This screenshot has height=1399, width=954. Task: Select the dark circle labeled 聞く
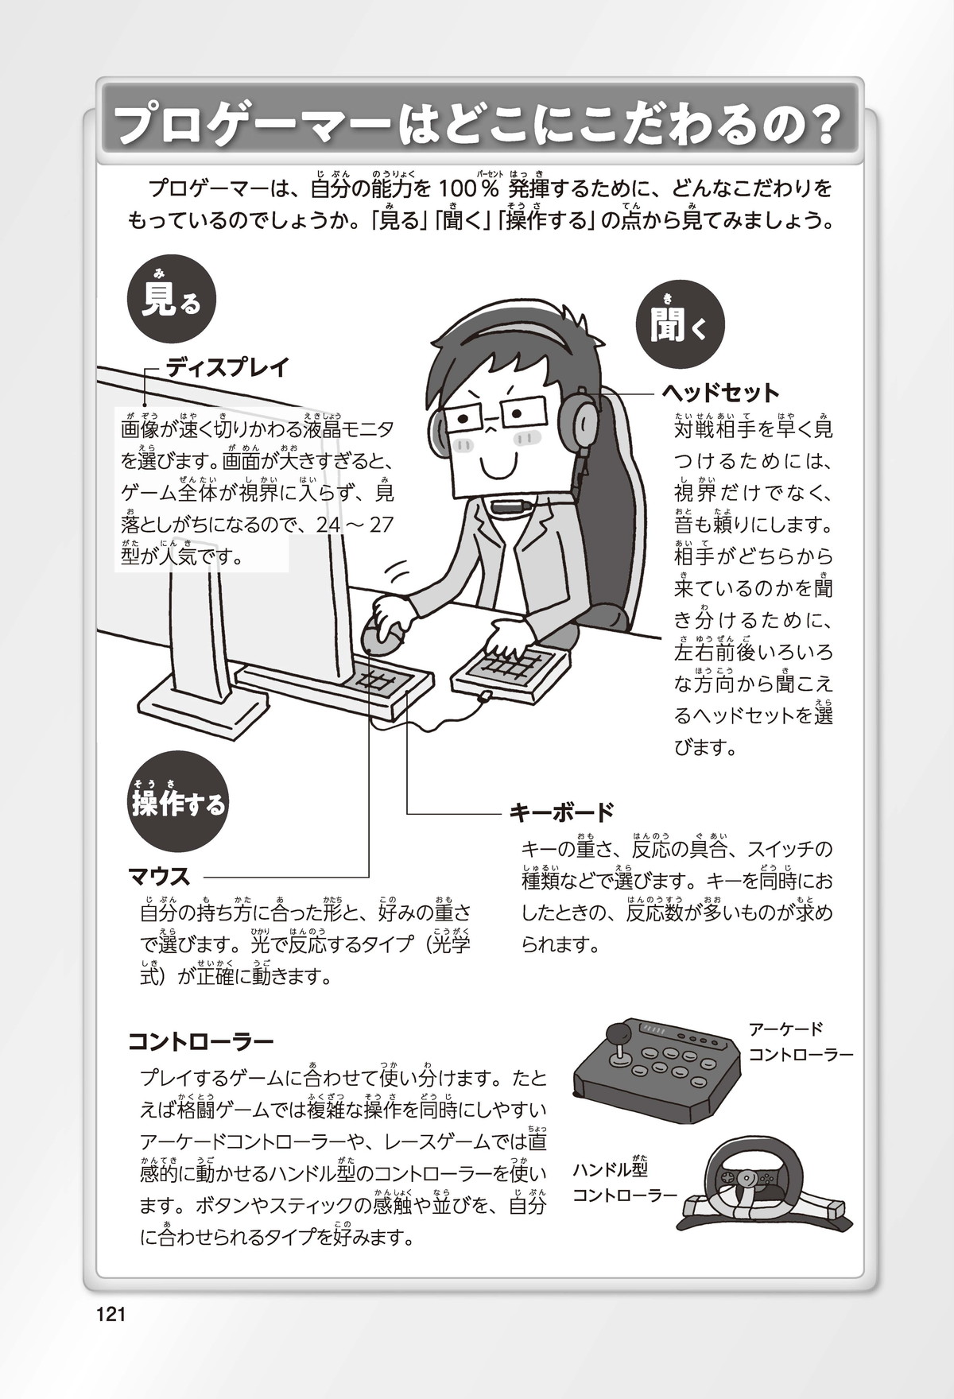click(x=681, y=324)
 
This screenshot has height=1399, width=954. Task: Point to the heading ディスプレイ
click(x=227, y=368)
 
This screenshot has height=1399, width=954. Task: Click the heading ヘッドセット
click(x=721, y=393)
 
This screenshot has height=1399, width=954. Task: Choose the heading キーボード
click(x=561, y=812)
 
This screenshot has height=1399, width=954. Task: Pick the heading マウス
click(x=159, y=877)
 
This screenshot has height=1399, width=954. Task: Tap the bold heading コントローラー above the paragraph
click(x=201, y=1041)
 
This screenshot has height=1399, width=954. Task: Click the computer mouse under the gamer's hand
click(x=384, y=636)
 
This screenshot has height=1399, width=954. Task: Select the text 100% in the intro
click(x=468, y=190)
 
